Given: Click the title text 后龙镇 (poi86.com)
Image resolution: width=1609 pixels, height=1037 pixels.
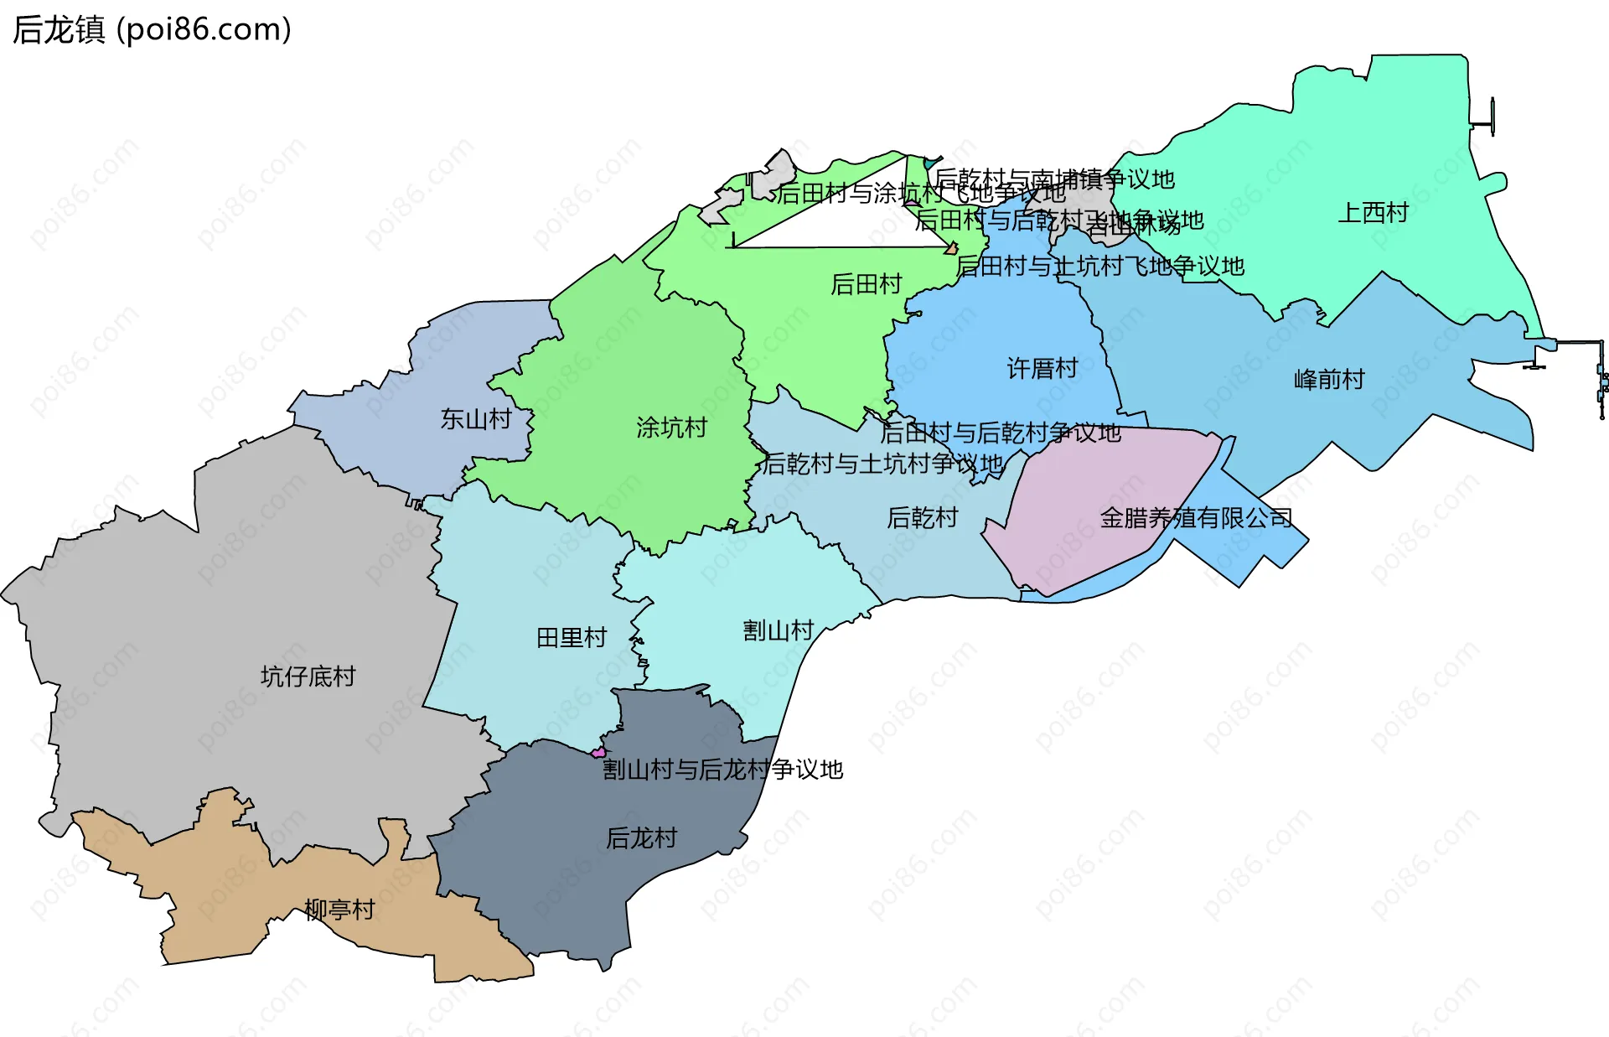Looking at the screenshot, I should click(152, 29).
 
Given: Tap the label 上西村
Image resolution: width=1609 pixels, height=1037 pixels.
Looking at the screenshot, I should click(1373, 213).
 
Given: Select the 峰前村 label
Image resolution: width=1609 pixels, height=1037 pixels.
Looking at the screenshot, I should click(1329, 380).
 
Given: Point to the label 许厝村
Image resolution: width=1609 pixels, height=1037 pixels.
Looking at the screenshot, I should click(1042, 369).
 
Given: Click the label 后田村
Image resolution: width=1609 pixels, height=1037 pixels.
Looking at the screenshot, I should click(866, 285).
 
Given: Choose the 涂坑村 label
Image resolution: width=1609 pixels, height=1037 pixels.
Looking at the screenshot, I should click(671, 428).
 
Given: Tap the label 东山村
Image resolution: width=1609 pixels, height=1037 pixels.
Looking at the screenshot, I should click(476, 419).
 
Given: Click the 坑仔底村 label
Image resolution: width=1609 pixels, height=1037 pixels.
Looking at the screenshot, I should click(308, 677).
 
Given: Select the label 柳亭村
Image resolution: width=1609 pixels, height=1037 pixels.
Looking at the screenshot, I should click(339, 910).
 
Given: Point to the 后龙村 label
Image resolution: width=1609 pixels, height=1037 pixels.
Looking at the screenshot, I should click(641, 838).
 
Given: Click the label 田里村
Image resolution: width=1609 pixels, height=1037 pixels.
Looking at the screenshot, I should click(572, 638).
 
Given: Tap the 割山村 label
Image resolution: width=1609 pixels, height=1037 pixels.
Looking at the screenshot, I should click(778, 631).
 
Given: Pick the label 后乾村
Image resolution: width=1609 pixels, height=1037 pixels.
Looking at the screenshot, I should click(922, 518).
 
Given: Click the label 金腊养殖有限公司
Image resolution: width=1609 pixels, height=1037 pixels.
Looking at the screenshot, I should click(1196, 518).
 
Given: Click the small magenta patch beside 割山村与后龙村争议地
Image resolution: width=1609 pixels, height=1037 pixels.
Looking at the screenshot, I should click(598, 753).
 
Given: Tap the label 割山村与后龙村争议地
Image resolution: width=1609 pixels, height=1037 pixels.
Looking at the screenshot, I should click(722, 770).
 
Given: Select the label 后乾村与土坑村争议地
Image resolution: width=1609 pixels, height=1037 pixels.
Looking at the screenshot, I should click(882, 464).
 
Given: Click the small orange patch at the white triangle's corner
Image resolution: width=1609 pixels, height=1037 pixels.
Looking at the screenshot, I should click(951, 248).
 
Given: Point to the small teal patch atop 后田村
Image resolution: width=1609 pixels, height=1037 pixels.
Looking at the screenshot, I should click(931, 162).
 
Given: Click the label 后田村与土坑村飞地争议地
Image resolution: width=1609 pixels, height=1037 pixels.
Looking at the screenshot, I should click(1100, 267).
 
